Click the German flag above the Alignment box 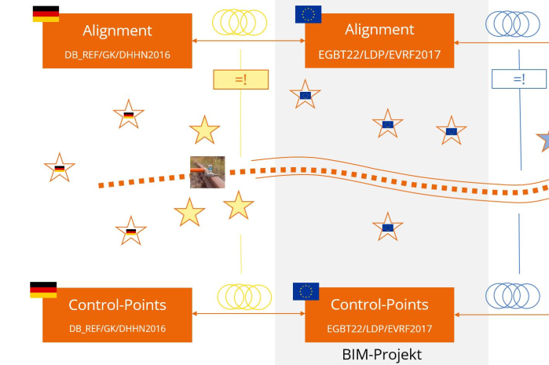(46, 13)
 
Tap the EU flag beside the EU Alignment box (307, 14)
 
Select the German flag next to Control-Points (43, 290)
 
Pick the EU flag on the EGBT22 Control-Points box (306, 291)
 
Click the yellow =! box (240, 79)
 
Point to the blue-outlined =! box (518, 78)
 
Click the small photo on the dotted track (207, 172)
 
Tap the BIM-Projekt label (382, 354)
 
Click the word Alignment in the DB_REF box (118, 30)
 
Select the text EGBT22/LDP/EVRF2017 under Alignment (379, 55)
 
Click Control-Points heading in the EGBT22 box (379, 305)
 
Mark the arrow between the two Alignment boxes (248, 41)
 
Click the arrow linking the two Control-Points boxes (248, 314)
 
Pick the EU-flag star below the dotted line (387, 227)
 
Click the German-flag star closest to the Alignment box (129, 115)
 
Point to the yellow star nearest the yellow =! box (204, 130)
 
